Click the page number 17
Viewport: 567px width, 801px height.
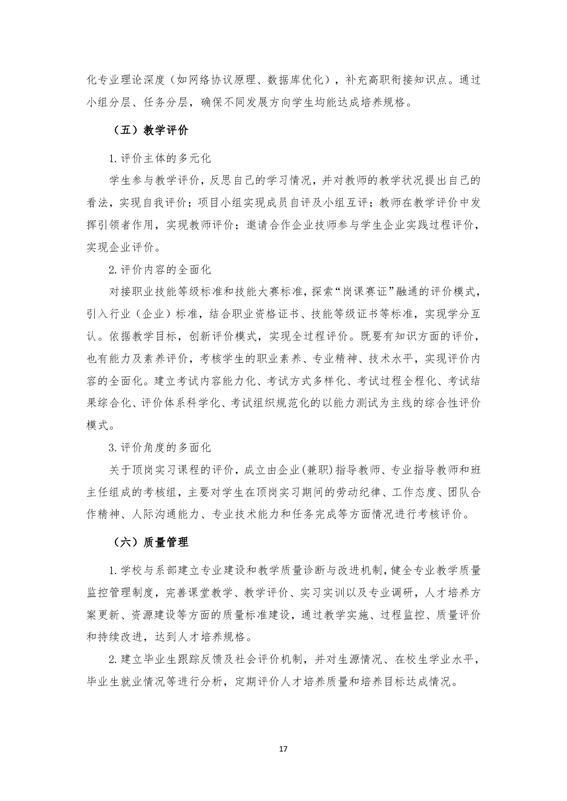tap(283, 749)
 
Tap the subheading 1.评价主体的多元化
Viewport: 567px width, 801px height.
tap(159, 157)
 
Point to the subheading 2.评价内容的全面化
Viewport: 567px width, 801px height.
tap(159, 270)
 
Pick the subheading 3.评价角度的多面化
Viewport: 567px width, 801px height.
tap(159, 448)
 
